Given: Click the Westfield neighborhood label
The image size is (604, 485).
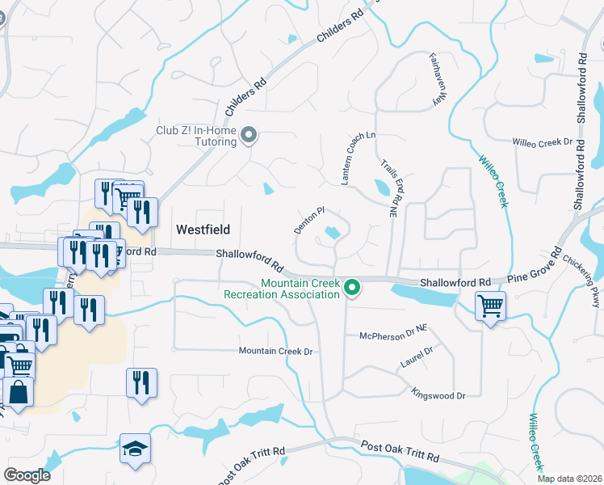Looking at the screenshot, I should tap(204, 229).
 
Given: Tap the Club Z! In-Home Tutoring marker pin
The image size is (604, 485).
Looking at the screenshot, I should tap(249, 136).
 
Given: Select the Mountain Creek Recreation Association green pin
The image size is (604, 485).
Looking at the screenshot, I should tap(351, 287).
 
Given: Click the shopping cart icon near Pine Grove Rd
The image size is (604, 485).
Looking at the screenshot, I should tap(489, 307).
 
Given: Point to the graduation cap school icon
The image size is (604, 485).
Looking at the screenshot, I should tap(135, 449).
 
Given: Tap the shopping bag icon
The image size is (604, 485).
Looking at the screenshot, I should tap(18, 393).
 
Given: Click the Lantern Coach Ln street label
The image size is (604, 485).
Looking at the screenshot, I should tap(347, 158).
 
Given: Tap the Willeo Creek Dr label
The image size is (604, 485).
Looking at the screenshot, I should tap(542, 142).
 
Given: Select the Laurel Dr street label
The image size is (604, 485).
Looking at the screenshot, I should tap(417, 356).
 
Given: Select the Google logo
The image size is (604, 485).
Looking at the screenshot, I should tap(27, 475).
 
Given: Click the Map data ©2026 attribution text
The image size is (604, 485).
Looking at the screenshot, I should tap(570, 479).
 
